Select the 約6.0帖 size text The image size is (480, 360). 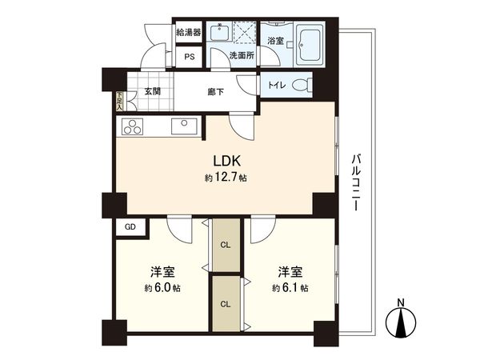click(x=162, y=287)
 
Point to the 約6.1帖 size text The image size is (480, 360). click(x=290, y=287)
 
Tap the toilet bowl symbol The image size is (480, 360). click(x=302, y=85)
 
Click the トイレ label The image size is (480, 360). click(x=274, y=85)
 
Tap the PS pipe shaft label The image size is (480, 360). click(x=189, y=57)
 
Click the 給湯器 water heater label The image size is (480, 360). click(x=188, y=33)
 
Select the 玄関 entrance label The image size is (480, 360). click(x=153, y=91)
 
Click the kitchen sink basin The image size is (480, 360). click(x=184, y=125)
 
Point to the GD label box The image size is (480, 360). click(x=130, y=227)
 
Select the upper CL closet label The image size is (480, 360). click(x=226, y=245)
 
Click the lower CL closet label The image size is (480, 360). click(x=226, y=303)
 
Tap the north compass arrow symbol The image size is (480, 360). click(x=402, y=322)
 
